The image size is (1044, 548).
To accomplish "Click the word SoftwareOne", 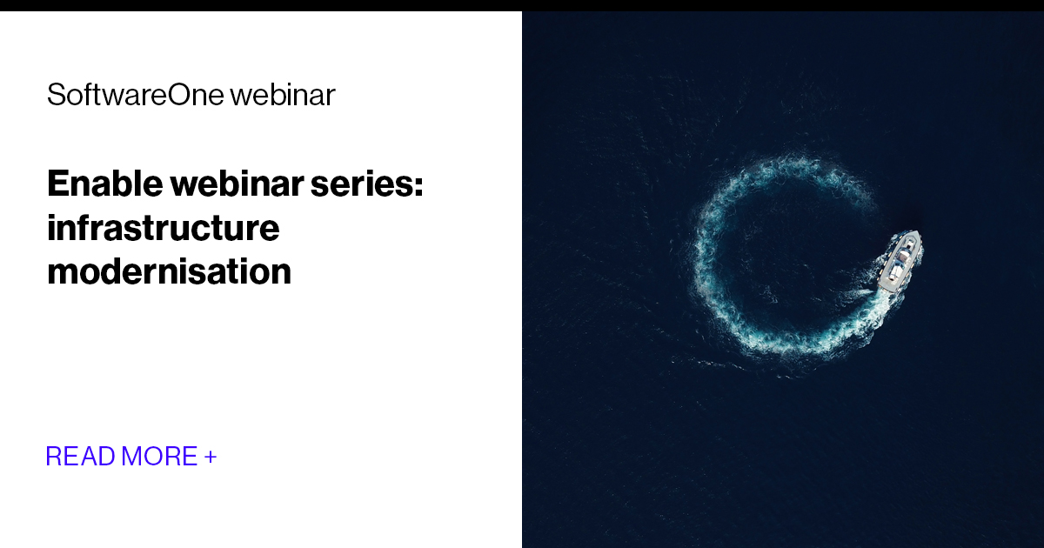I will pos(135,95).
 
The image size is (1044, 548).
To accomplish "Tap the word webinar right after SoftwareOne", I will pos(282,95).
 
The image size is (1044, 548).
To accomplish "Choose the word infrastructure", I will pos(164,228).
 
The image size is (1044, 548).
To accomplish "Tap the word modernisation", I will pos(169,272).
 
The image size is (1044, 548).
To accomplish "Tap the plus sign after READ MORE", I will pos(211,456).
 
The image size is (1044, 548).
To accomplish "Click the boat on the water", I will pos(900,260).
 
